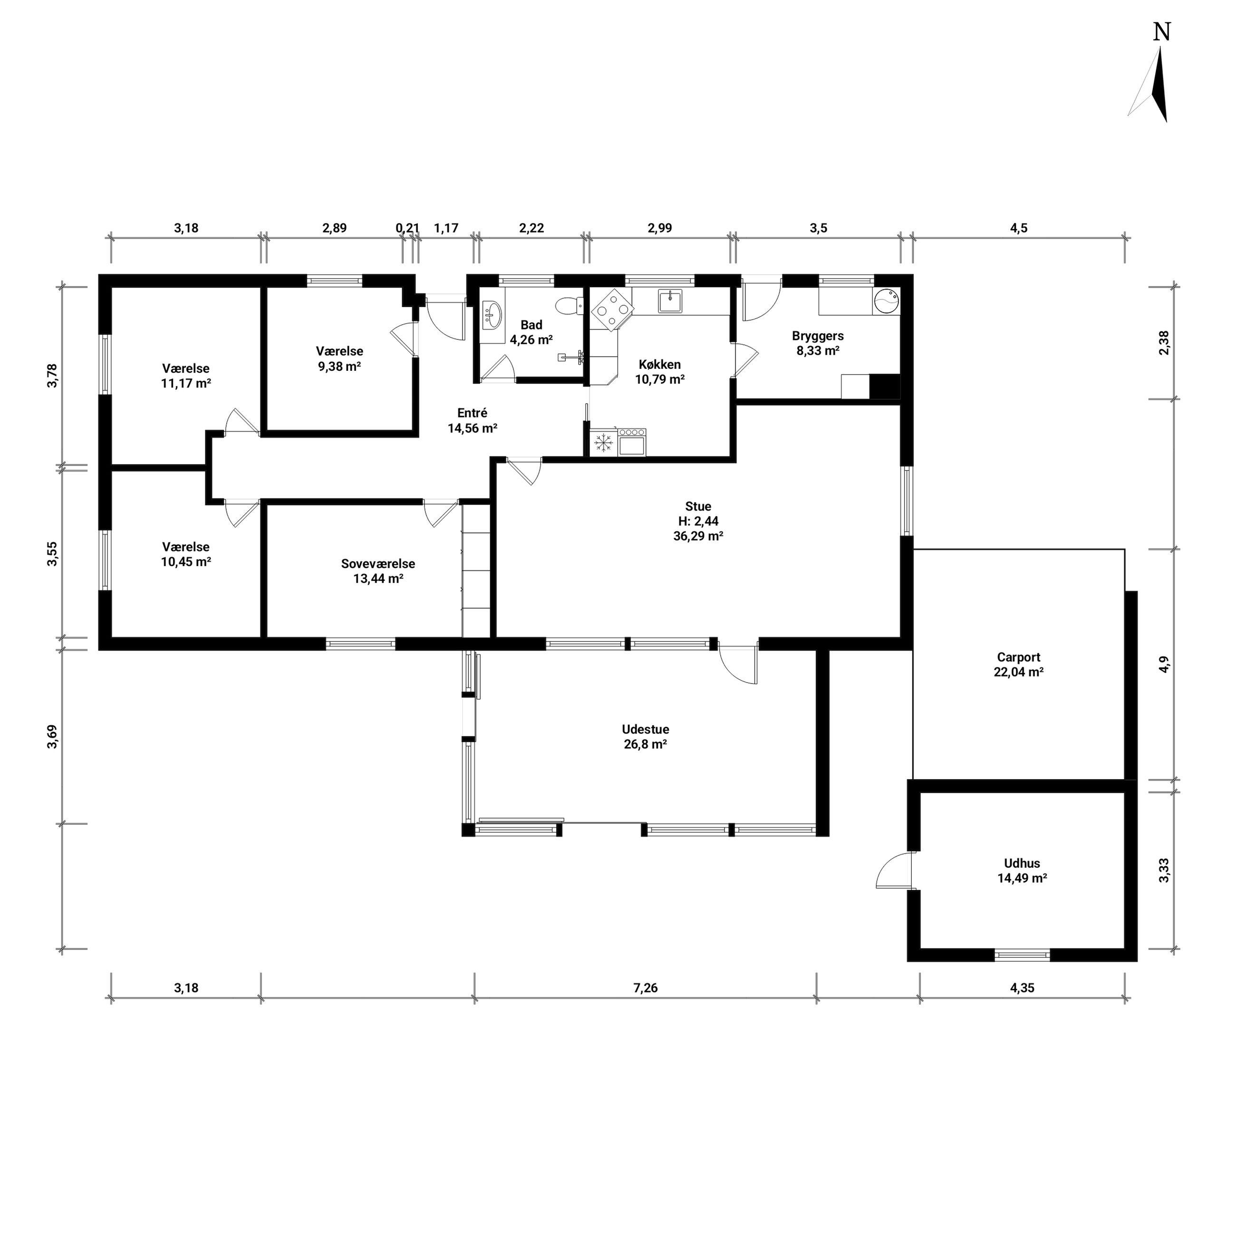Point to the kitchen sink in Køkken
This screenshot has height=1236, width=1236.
tap(670, 301)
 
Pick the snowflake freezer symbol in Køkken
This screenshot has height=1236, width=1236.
tap(604, 442)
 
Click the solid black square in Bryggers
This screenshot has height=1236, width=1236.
tap(886, 386)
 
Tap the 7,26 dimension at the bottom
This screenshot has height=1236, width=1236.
tap(646, 988)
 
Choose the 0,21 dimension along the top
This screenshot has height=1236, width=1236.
tap(407, 228)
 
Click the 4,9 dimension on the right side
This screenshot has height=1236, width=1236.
tap(1164, 664)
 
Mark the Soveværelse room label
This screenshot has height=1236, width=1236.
tap(378, 564)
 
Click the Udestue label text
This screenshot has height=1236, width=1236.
tap(646, 729)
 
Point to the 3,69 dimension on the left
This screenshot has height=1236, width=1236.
tap(52, 736)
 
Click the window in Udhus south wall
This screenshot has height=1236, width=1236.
tap(1023, 955)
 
